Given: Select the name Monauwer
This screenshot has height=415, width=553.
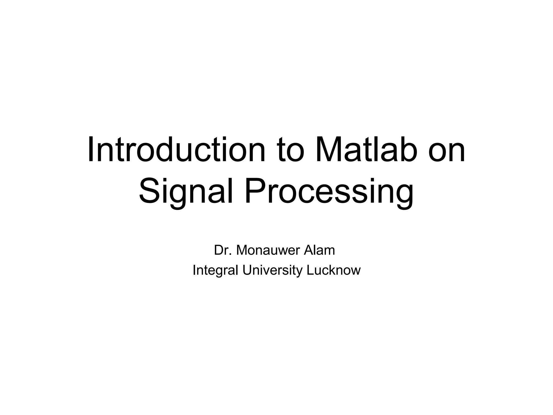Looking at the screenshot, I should click(x=268, y=250).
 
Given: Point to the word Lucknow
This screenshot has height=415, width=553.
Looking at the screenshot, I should click(x=333, y=270).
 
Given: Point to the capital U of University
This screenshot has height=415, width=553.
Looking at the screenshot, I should click(x=247, y=270).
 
